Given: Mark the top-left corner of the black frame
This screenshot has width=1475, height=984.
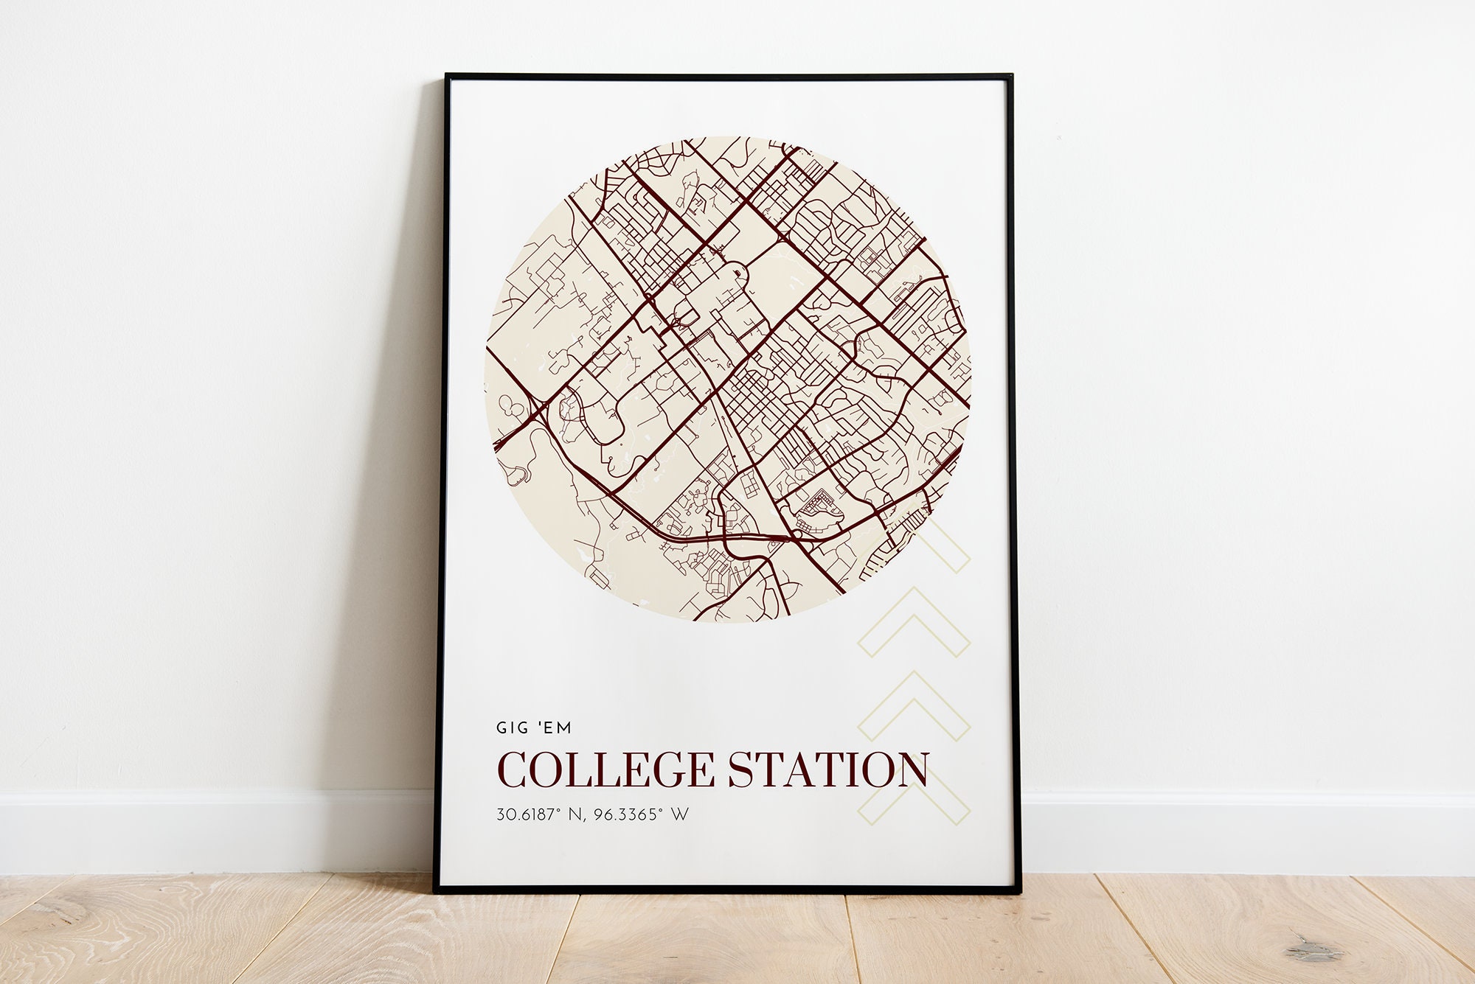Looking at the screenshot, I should (x=447, y=76).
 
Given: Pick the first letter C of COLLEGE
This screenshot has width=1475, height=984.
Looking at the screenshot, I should (x=513, y=770).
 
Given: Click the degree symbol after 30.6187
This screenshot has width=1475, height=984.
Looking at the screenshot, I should (x=559, y=810).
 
